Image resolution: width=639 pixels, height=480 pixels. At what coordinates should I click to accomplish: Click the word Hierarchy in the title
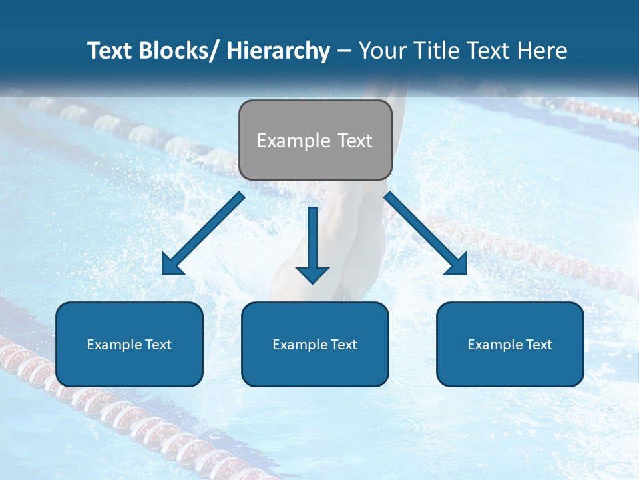click(x=278, y=51)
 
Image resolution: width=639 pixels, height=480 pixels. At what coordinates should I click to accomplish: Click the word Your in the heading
click(x=382, y=51)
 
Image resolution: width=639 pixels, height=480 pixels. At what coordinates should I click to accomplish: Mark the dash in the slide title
click(x=344, y=51)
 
